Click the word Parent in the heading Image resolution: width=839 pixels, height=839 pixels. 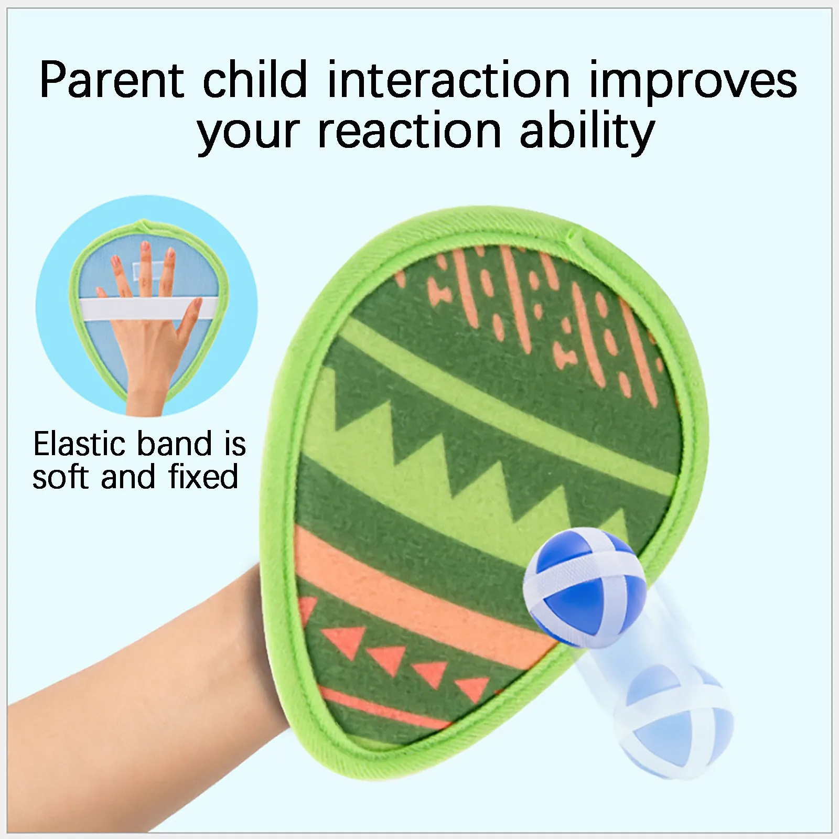pyautogui.click(x=112, y=80)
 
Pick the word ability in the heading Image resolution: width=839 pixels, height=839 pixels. pyautogui.click(x=587, y=131)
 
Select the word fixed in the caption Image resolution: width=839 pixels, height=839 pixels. pyautogui.click(x=203, y=476)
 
